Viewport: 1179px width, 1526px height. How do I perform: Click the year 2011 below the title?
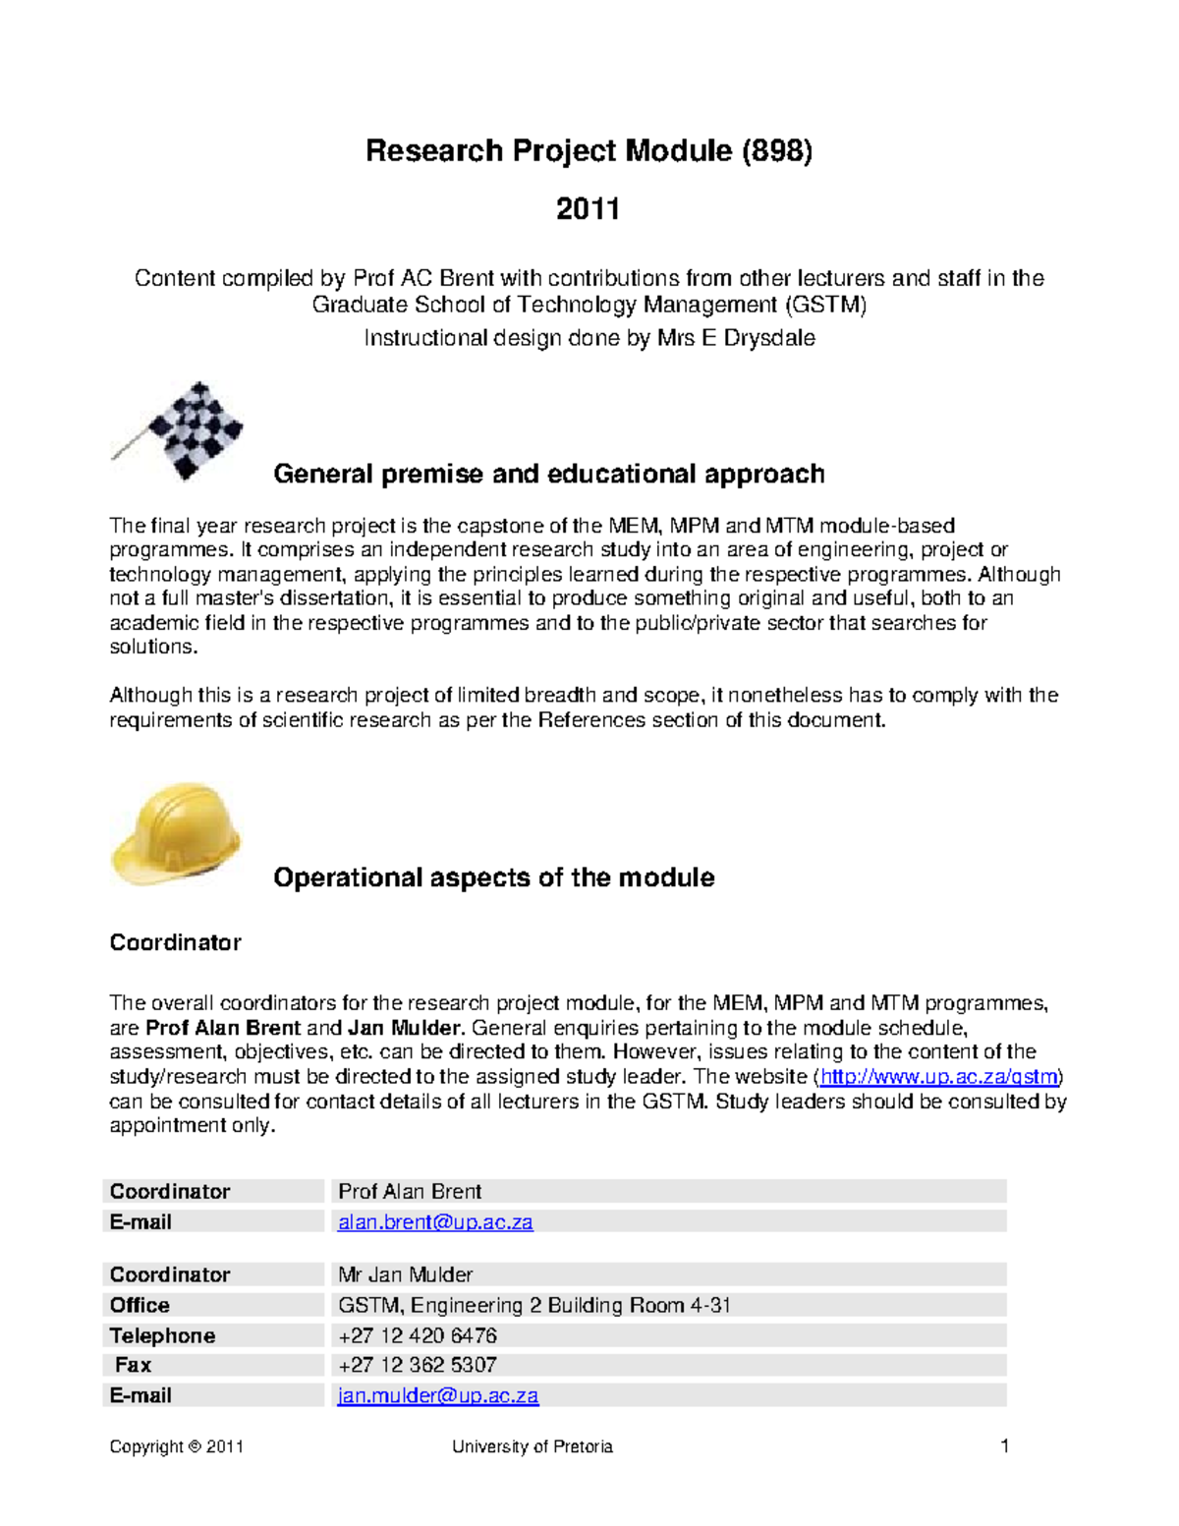click(x=588, y=209)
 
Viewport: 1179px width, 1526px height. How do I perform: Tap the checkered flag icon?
click(x=182, y=431)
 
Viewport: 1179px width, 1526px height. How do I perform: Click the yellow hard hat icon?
click(x=177, y=833)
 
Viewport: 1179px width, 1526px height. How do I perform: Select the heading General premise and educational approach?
click(x=548, y=474)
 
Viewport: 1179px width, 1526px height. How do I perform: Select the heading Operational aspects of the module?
click(x=493, y=877)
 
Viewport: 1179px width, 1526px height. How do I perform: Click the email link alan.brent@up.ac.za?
click(x=435, y=1222)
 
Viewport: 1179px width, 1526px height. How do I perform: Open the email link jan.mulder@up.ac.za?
click(x=438, y=1395)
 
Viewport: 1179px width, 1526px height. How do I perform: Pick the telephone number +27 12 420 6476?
click(x=418, y=1335)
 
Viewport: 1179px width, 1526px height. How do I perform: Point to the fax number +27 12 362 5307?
click(x=418, y=1365)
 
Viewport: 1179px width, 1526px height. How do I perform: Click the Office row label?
click(x=140, y=1305)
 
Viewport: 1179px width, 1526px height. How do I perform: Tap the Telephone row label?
click(x=162, y=1335)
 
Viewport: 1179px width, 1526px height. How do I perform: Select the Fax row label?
click(x=133, y=1365)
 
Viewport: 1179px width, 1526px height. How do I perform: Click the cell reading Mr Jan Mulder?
click(x=405, y=1274)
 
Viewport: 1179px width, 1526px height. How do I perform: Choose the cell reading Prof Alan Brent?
click(x=410, y=1192)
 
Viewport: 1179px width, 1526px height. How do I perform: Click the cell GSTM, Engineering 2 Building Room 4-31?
click(x=534, y=1305)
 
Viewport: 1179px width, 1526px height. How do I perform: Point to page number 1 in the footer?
click(x=1004, y=1445)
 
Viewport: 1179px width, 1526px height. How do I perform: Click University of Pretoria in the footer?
click(x=532, y=1446)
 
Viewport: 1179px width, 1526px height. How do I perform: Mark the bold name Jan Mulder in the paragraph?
click(x=404, y=1029)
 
